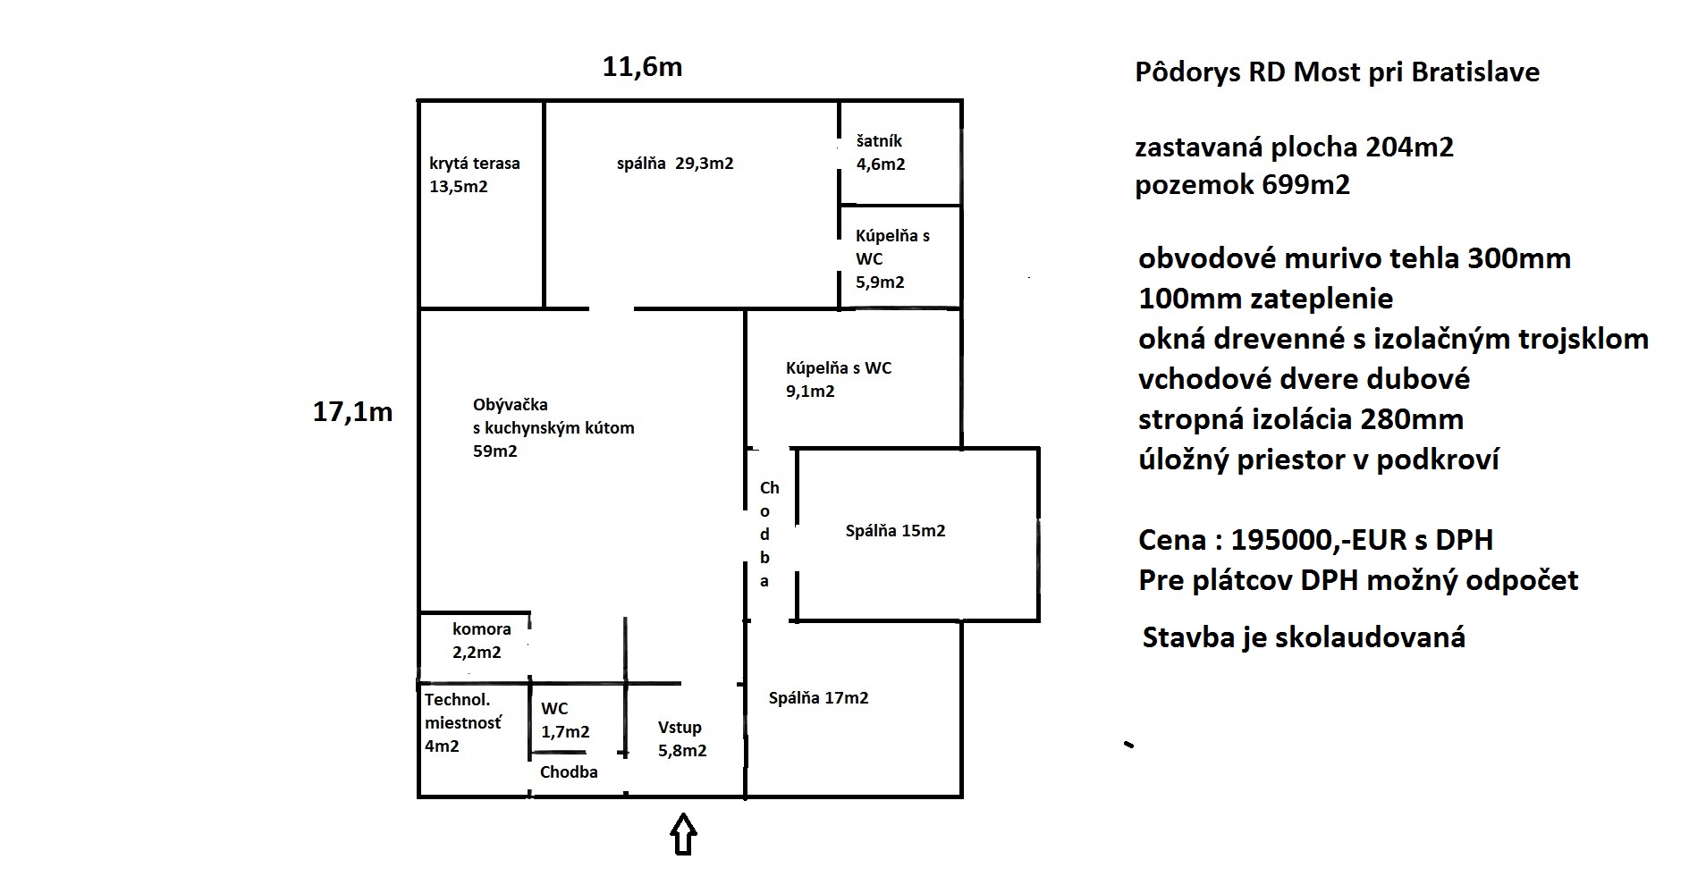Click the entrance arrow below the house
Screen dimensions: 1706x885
click(683, 834)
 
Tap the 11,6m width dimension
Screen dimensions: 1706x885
click(642, 68)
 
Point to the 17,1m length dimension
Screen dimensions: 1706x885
click(352, 412)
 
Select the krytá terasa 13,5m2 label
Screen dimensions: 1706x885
click(475, 175)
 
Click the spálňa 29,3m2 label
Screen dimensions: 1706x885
click(675, 164)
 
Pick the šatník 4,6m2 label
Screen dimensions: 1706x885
click(881, 153)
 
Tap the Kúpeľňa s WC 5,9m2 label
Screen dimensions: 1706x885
click(892, 259)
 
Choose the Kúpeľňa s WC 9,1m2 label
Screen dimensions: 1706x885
click(839, 380)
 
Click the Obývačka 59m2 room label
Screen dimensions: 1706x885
click(553, 428)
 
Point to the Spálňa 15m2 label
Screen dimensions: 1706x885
click(895, 531)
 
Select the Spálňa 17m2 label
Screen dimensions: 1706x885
click(818, 698)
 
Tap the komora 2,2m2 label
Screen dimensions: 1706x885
click(481, 641)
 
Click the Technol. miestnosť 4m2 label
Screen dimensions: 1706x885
click(463, 723)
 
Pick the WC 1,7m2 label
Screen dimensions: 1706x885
click(565, 721)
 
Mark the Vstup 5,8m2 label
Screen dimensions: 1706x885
click(682, 739)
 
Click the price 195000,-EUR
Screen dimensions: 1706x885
click(1315, 540)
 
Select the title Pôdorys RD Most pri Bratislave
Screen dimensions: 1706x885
click(1338, 72)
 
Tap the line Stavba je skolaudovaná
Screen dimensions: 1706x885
click(1304, 637)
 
